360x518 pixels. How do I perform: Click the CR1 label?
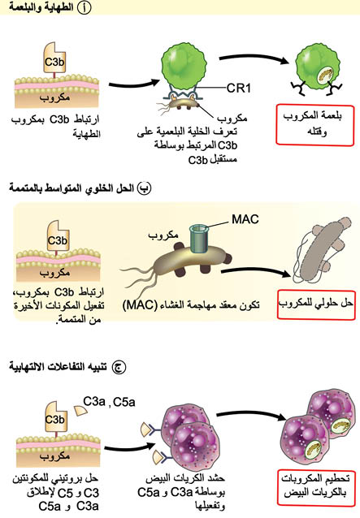[x=239, y=88]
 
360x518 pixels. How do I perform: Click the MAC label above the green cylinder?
[x=245, y=219]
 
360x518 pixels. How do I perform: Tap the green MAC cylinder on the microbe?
[x=198, y=238]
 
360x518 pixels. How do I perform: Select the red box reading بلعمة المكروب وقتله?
[x=315, y=125]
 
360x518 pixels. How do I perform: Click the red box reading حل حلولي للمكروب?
[x=316, y=304]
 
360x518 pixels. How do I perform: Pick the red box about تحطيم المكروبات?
[x=316, y=487]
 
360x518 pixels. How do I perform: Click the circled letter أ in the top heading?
[x=84, y=8]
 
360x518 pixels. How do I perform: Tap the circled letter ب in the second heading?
[x=144, y=188]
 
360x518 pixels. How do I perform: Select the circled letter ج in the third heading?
[x=119, y=367]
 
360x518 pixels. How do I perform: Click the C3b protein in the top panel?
[x=54, y=60]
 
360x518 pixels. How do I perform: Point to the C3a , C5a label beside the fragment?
[x=109, y=402]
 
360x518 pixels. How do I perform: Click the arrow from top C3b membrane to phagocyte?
[x=134, y=84]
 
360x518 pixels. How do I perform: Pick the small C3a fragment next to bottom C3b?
[x=80, y=411]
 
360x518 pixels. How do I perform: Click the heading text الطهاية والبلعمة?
[x=41, y=7]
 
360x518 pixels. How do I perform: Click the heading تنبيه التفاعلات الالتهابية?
[x=58, y=367]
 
